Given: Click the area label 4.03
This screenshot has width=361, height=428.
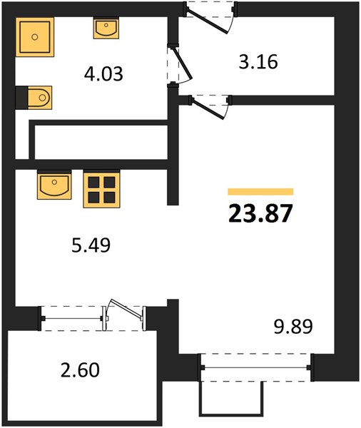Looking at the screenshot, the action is click(x=103, y=74).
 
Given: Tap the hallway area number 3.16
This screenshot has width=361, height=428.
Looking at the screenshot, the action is click(x=258, y=61).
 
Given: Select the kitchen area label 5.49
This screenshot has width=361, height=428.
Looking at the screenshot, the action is click(x=91, y=245).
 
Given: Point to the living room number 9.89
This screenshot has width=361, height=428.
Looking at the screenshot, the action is click(x=293, y=327).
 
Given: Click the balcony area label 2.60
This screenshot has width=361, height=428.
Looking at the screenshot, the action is click(x=80, y=370).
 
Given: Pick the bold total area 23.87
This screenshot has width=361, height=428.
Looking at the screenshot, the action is click(x=260, y=213).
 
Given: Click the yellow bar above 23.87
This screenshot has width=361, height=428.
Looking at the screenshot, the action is click(x=260, y=192).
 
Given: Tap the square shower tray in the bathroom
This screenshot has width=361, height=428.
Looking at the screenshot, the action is click(x=35, y=37).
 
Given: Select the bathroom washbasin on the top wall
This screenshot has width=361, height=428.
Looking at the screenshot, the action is click(x=106, y=28).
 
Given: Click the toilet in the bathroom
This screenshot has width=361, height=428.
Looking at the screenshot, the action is click(x=34, y=98).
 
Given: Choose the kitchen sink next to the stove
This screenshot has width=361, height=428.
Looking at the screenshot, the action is click(x=54, y=184).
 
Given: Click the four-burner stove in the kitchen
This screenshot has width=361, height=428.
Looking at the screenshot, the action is click(x=101, y=189).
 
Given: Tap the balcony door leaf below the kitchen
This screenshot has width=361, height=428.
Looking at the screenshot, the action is click(x=126, y=310).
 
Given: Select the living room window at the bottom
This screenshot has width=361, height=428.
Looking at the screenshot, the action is click(x=255, y=367).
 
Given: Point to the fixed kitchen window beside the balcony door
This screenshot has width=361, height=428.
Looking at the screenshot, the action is click(x=72, y=318).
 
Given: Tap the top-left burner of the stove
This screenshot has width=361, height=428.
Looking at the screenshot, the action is click(x=93, y=182).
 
